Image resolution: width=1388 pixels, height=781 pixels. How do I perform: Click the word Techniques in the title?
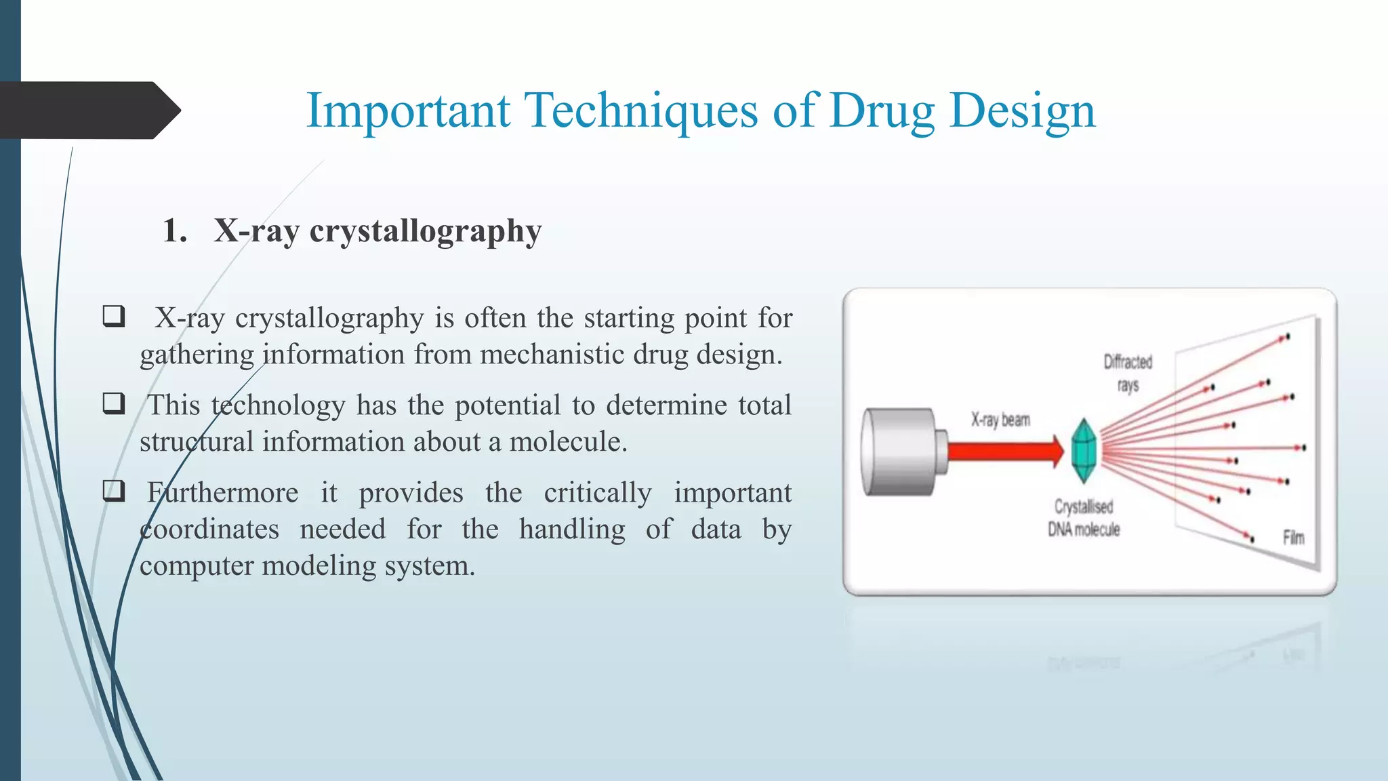pos(640,111)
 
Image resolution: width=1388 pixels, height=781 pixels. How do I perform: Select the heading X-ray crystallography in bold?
pos(377,231)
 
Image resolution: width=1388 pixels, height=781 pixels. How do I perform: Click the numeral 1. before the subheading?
pos(175,231)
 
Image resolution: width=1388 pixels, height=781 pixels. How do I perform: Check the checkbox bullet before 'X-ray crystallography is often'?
pos(114,317)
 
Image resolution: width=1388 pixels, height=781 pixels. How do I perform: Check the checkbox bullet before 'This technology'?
pos(114,404)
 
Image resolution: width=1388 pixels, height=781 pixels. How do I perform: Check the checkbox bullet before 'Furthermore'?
pos(114,491)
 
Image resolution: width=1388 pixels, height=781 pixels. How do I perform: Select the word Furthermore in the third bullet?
pos(222,492)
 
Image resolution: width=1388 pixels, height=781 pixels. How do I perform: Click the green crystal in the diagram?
pos(1083,451)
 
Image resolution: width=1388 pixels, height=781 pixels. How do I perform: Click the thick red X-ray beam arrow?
pos(1003,451)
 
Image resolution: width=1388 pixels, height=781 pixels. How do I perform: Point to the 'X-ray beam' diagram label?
pos(1000,420)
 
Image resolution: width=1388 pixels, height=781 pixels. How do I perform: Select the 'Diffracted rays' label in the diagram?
pos(1128,373)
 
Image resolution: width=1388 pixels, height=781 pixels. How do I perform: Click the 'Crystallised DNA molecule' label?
pos(1084,518)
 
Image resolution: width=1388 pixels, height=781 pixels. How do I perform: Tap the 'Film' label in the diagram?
pos(1293,538)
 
